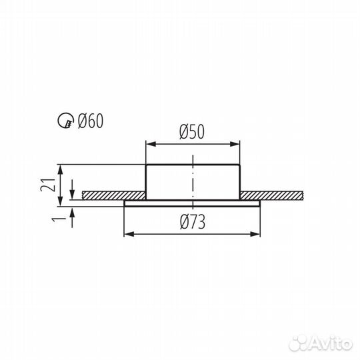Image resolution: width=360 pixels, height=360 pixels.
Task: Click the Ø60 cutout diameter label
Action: pyautogui.click(x=91, y=121)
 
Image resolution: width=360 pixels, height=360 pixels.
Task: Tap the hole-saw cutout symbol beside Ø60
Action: pyautogui.click(x=66, y=121)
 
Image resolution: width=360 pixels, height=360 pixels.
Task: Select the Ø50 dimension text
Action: pyautogui.click(x=192, y=132)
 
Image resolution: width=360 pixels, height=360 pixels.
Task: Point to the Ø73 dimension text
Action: pyautogui.click(x=193, y=222)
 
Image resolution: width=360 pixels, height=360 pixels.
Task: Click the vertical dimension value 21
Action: pyautogui.click(x=48, y=185)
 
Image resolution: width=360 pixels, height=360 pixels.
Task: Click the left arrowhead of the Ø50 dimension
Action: pyautogui.click(x=151, y=144)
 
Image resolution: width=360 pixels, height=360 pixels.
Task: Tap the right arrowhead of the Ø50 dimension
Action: pyautogui.click(x=235, y=144)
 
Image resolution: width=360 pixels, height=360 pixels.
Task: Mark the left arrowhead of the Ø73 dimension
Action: pyautogui.click(x=129, y=234)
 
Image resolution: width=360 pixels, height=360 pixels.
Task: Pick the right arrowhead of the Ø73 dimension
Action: pyautogui.click(x=255, y=234)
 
